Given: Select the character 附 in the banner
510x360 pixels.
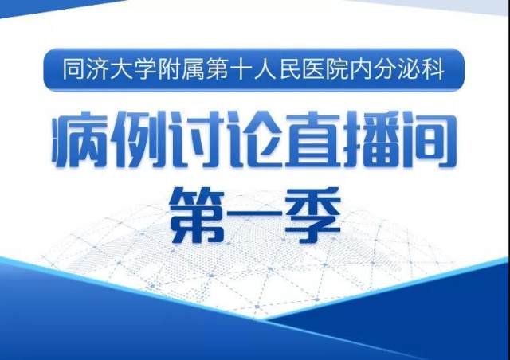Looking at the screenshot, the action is (168, 69).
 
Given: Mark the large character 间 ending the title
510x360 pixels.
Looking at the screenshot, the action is (429, 139).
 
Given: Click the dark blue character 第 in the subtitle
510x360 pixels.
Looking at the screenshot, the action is (197, 215).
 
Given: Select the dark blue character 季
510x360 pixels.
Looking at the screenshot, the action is (312, 215).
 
